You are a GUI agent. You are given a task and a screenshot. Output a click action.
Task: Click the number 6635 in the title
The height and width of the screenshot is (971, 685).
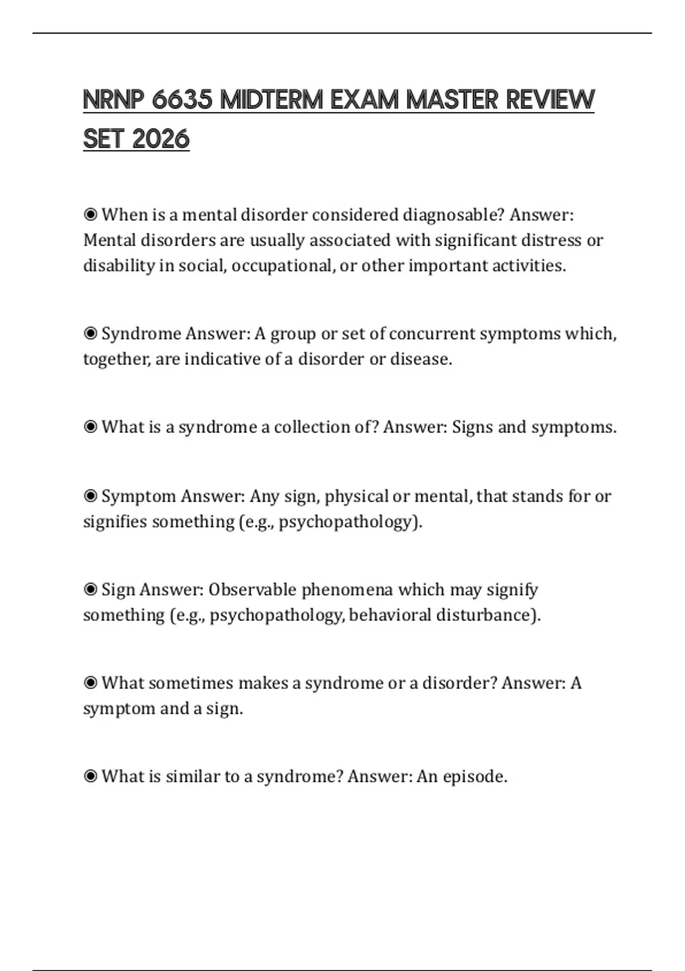(x=182, y=101)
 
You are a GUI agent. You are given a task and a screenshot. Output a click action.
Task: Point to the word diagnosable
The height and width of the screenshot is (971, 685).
(x=454, y=215)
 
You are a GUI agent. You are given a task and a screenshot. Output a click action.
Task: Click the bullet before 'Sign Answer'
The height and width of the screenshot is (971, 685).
(x=90, y=589)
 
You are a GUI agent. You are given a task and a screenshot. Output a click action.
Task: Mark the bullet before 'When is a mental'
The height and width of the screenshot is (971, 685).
(x=90, y=215)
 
